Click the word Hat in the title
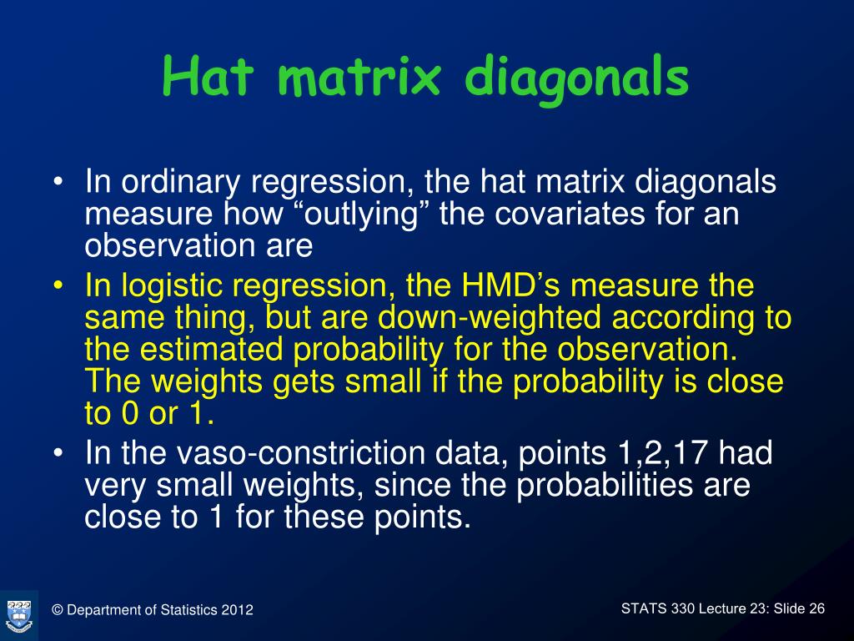[x=208, y=76]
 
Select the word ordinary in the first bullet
[x=181, y=182]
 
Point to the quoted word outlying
[x=362, y=214]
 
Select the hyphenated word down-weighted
[x=489, y=318]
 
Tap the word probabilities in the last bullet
[x=604, y=485]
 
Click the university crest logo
[x=19, y=616]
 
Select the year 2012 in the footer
[x=237, y=610]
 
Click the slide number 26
[x=816, y=608]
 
